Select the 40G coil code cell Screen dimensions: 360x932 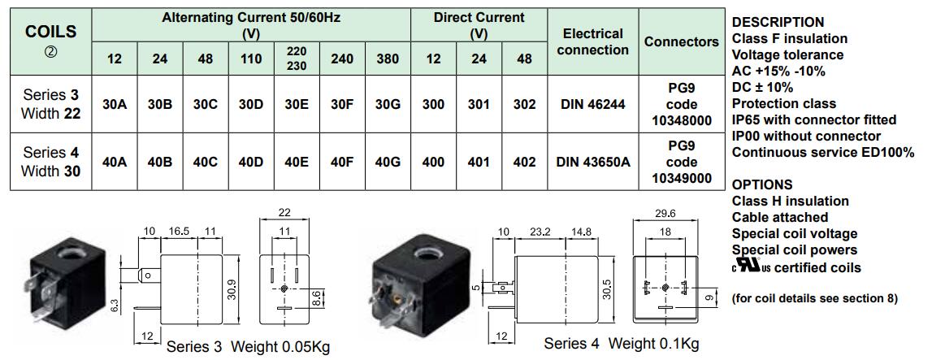pyautogui.click(x=388, y=163)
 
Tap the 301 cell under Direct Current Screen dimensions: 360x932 pyautogui.click(x=479, y=105)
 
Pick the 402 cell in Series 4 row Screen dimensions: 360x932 pyautogui.click(x=524, y=163)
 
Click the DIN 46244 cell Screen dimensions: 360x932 pyautogui.click(x=592, y=105)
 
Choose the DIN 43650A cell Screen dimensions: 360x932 pyautogui.click(x=592, y=163)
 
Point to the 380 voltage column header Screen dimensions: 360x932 pyautogui.click(x=388, y=59)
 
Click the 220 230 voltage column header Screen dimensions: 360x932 pyautogui.click(x=297, y=59)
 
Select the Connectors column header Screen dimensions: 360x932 pyautogui.click(x=681, y=41)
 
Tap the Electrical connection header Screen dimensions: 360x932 pyautogui.click(x=592, y=41)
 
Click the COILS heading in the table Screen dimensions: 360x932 pyautogui.click(x=51, y=33)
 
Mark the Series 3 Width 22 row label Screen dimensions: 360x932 pyautogui.click(x=51, y=105)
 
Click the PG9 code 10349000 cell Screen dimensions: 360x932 pyautogui.click(x=681, y=163)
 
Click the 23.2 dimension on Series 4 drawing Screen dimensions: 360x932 pyautogui.click(x=538, y=232)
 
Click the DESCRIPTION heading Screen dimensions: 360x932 pyautogui.click(x=778, y=22)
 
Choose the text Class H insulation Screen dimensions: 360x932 pyautogui.click(x=790, y=201)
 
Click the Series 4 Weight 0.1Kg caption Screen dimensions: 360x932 pyautogui.click(x=621, y=344)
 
